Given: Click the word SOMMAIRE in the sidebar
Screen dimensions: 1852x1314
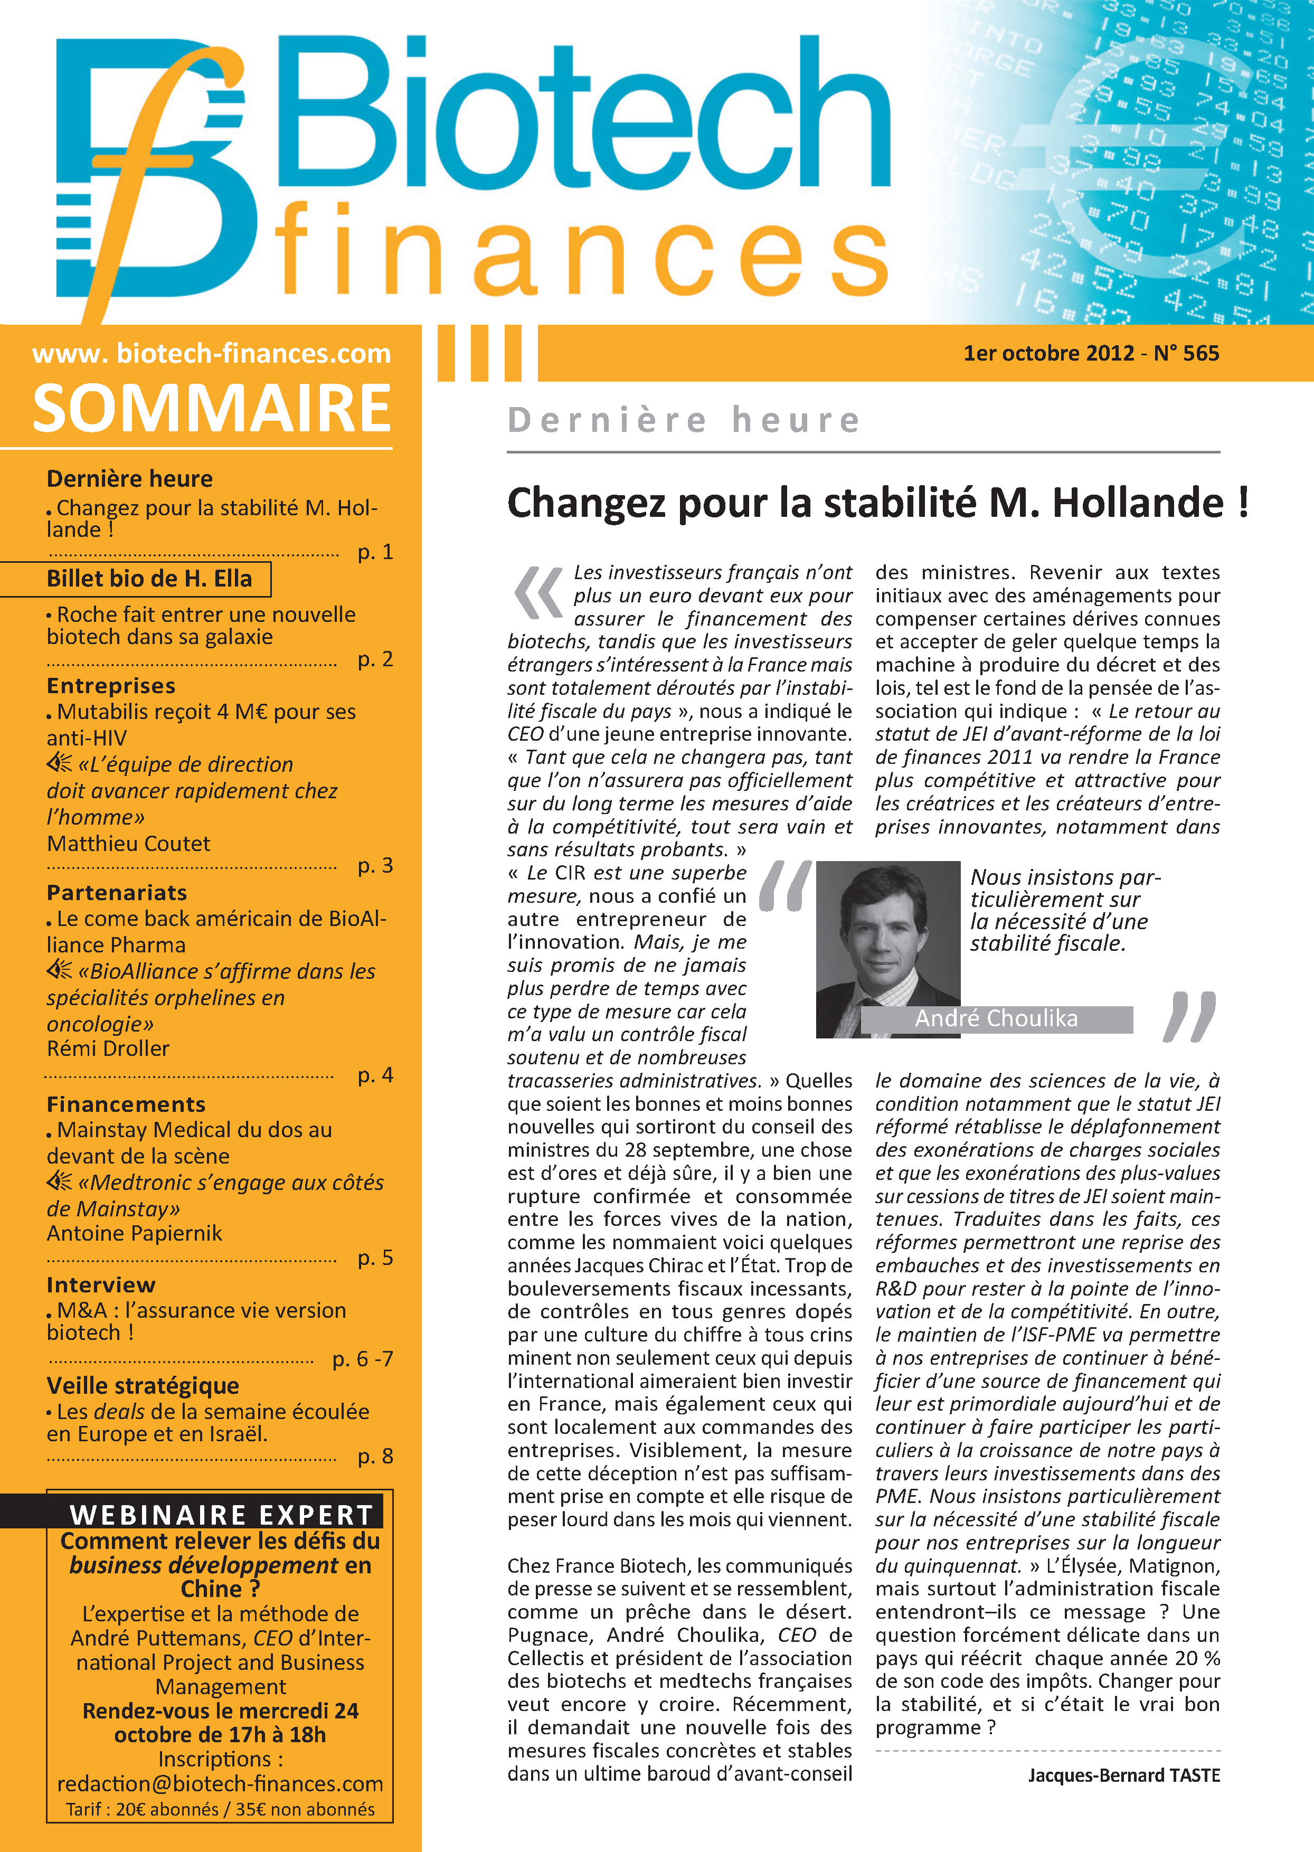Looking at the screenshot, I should click(x=212, y=409).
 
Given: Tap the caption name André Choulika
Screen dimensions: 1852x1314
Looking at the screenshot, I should click(x=996, y=1018).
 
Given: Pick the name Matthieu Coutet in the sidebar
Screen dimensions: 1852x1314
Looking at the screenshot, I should click(x=129, y=843).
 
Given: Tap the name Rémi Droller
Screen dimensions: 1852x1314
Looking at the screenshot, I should click(x=108, y=1048).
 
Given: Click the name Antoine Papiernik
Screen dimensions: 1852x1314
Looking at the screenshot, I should click(x=134, y=1233).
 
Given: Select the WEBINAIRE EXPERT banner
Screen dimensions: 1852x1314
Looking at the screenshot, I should click(x=221, y=1515).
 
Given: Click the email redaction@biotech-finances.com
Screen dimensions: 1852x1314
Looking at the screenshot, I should click(x=220, y=1783).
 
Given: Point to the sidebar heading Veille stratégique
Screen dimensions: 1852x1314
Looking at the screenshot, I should click(x=143, y=1385).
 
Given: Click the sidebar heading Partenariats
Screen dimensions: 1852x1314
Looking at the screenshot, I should click(x=117, y=892).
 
